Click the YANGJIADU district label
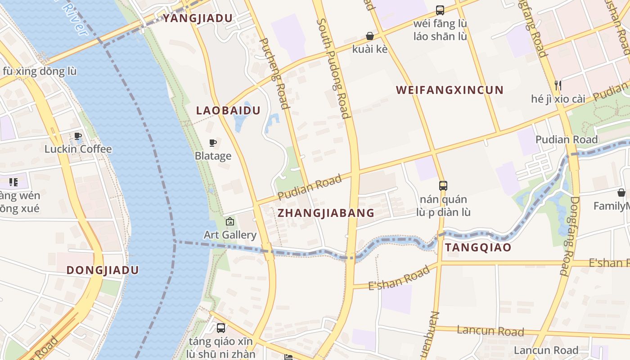click(x=198, y=18)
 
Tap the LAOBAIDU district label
click(x=228, y=110)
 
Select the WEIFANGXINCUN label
click(x=450, y=90)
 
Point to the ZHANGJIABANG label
click(x=326, y=213)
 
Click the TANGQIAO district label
click(x=478, y=247)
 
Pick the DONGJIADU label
click(x=103, y=270)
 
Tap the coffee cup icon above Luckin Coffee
click(x=78, y=136)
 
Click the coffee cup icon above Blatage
click(x=213, y=143)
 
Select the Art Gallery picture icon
click(x=230, y=221)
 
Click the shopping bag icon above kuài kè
click(x=370, y=36)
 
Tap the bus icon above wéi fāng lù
click(x=440, y=10)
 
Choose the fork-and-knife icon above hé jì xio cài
click(x=558, y=85)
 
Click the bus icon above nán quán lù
click(x=443, y=185)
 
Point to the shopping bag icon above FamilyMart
click(x=621, y=193)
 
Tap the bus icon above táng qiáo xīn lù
click(x=220, y=328)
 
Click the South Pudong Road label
click(x=333, y=68)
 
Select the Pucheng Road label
click(x=274, y=73)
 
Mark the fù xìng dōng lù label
click(x=40, y=71)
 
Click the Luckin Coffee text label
click(x=78, y=149)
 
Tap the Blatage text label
click(x=213, y=156)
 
